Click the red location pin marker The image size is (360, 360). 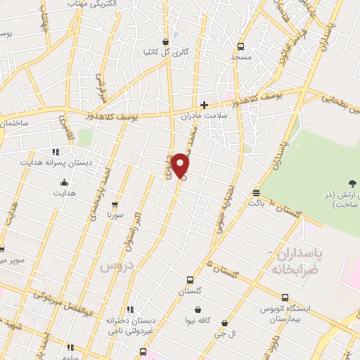point(181,166)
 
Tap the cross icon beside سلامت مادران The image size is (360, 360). point(204,105)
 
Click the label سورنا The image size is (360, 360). point(115,213)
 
